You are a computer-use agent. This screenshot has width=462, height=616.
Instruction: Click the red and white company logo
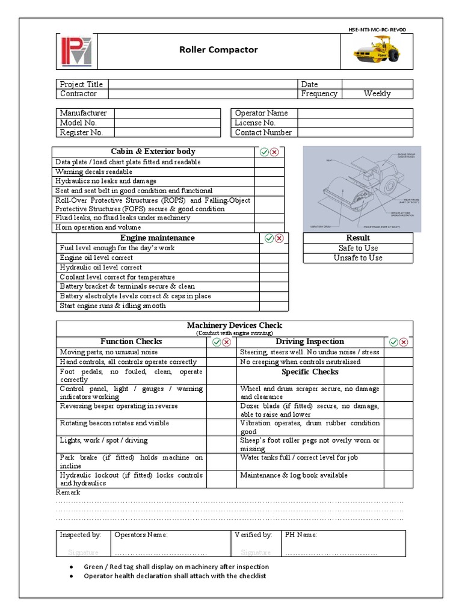(76, 51)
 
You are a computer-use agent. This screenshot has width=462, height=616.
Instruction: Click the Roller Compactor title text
(218, 50)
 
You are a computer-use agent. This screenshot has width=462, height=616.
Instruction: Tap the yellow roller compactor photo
(377, 50)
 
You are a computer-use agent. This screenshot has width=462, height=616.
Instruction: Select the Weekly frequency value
(377, 94)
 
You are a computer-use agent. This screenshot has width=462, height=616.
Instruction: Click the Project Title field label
(81, 84)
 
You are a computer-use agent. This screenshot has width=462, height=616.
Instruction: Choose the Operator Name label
(261, 113)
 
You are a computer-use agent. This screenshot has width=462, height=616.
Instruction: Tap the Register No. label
(81, 132)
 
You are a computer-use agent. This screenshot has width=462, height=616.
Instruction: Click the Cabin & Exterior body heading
(153, 152)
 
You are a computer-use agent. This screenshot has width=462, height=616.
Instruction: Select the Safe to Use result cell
(359, 248)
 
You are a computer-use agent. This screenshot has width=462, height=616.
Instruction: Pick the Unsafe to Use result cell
(359, 257)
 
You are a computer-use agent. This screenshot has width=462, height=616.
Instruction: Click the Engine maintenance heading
(157, 238)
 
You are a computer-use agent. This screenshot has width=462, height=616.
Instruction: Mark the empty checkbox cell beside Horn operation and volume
(269, 227)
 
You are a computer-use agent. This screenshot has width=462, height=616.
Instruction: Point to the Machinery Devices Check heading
(235, 325)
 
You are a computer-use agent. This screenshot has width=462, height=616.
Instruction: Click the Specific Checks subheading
(310, 372)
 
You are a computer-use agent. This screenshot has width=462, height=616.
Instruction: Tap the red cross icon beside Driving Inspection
(404, 342)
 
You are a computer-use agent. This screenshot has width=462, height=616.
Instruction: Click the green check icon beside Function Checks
(217, 342)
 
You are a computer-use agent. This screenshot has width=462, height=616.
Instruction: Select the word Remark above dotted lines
(67, 492)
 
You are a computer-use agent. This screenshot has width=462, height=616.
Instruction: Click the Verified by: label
(253, 534)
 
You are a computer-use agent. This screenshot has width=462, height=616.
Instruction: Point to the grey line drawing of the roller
(361, 188)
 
